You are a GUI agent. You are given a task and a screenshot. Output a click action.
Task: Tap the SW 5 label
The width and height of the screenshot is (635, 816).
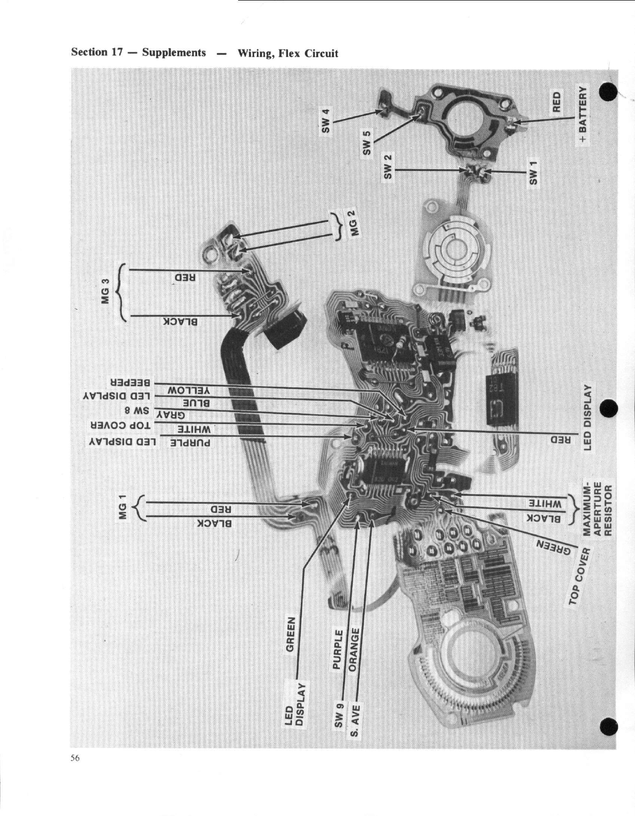point(367,143)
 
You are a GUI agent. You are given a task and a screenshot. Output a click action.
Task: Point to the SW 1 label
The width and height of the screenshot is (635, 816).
point(534,172)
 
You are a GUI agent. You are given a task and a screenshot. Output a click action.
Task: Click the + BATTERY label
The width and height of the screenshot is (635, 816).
point(583,115)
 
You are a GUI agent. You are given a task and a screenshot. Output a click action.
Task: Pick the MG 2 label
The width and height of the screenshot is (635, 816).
point(355,223)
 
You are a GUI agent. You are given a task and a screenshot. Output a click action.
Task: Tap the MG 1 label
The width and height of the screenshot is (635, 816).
point(122,507)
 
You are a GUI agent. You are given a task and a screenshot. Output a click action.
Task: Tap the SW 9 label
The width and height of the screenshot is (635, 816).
point(339,715)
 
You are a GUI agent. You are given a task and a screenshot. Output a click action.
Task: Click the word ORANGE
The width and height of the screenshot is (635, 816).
point(355,650)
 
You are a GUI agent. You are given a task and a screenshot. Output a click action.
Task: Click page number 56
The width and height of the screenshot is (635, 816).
point(75,758)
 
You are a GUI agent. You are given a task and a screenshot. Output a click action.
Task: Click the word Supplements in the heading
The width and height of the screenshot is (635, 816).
point(174,52)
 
